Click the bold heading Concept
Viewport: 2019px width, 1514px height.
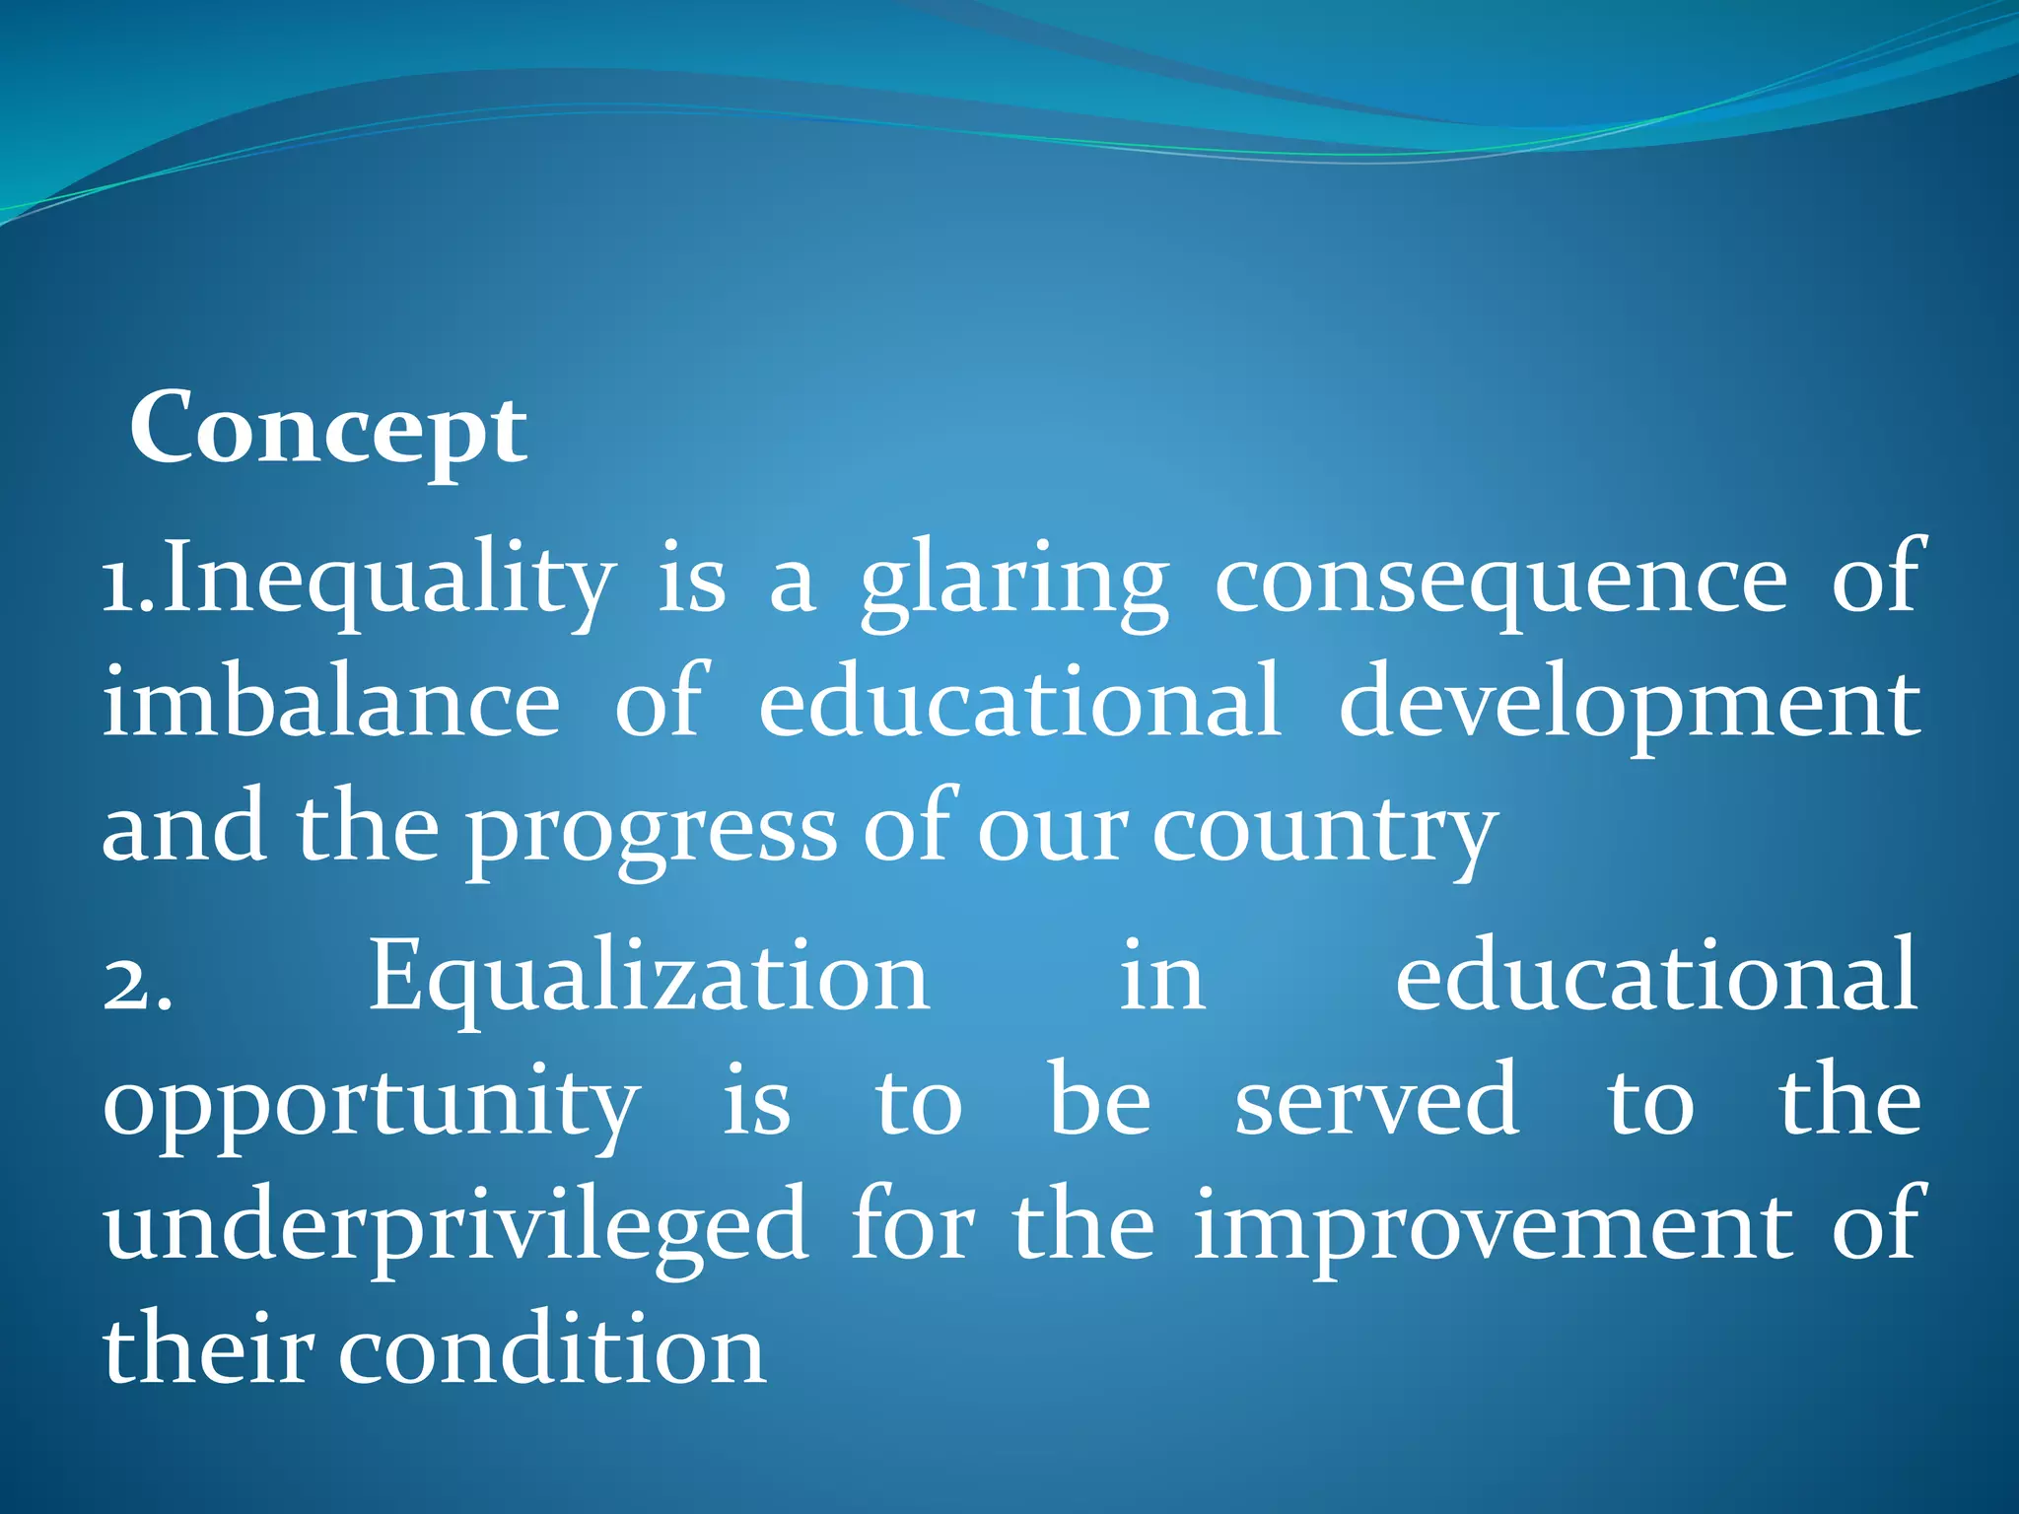pos(328,430)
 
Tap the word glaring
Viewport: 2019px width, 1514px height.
pos(1014,582)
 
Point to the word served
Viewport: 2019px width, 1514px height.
pos(1376,1102)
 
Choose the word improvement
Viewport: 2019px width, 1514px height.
pos(1493,1228)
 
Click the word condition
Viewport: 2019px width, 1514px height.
pos(552,1350)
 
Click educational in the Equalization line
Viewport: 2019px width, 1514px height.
pos(1656,978)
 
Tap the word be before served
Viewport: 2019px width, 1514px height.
pos(1098,1102)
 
